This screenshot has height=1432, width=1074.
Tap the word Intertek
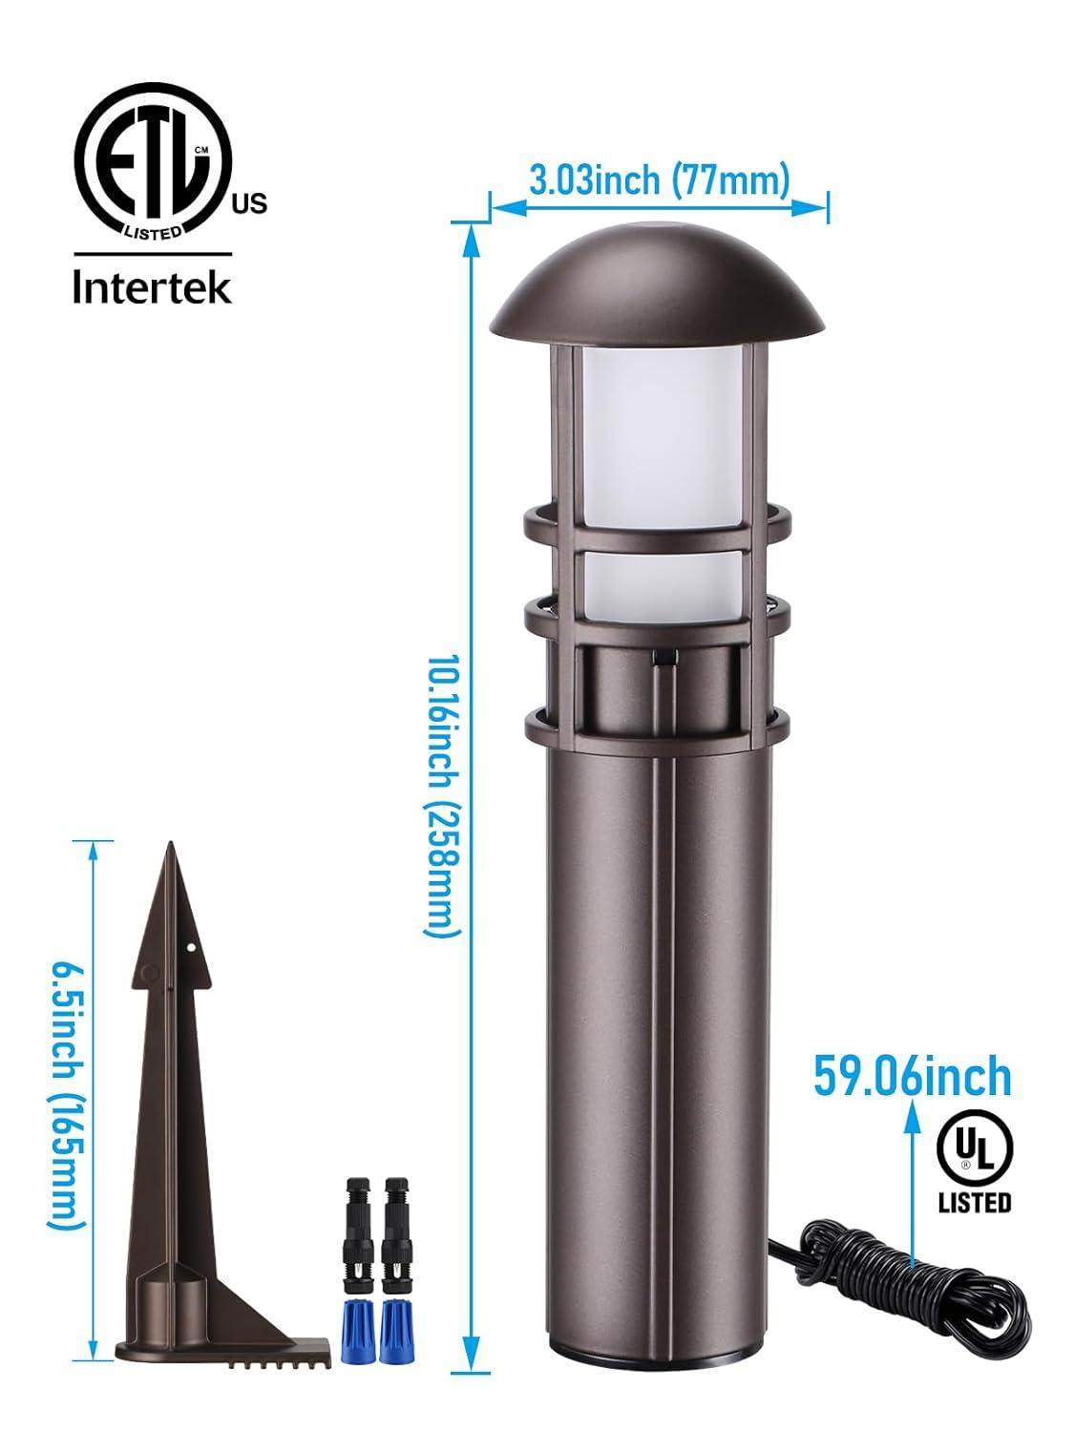tap(153, 287)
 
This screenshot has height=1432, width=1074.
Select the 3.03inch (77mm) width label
tap(659, 180)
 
